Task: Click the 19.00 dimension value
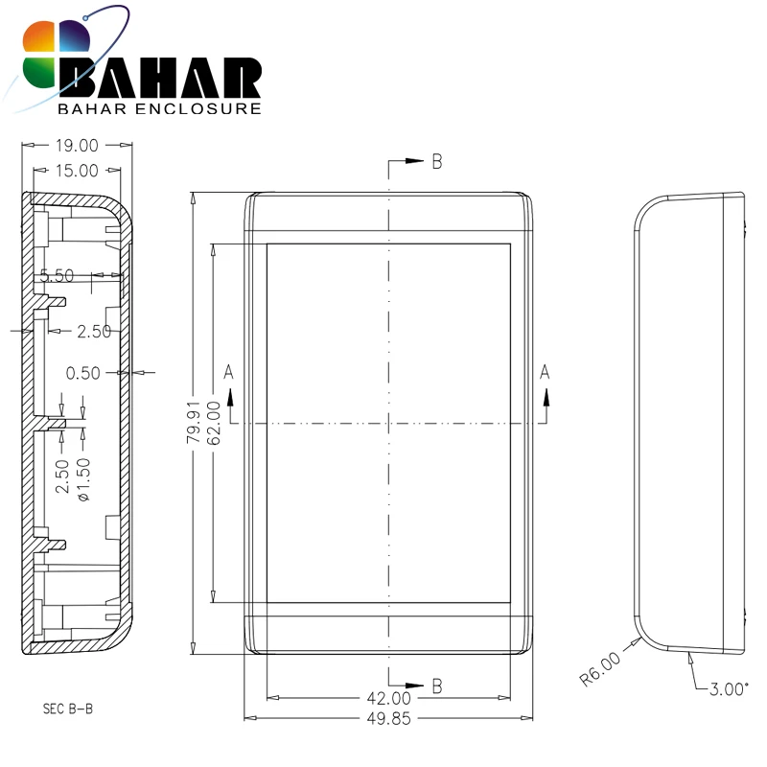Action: click(x=77, y=146)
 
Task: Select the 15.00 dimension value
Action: click(x=77, y=171)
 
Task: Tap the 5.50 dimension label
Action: click(x=57, y=276)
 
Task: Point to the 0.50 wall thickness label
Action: click(x=83, y=373)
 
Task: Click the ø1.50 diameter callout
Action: click(x=83, y=480)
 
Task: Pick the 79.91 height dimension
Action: click(x=194, y=422)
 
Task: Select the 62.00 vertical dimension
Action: click(x=214, y=423)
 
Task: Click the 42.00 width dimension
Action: click(x=389, y=698)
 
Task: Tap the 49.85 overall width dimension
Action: click(x=389, y=718)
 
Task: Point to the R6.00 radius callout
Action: click(x=600, y=668)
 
